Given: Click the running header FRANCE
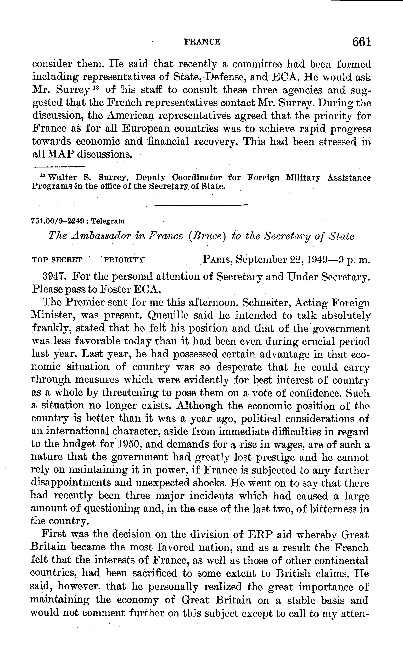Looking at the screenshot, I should [202, 42].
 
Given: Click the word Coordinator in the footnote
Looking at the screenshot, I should [197, 178].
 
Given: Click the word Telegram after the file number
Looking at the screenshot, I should [108, 221].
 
